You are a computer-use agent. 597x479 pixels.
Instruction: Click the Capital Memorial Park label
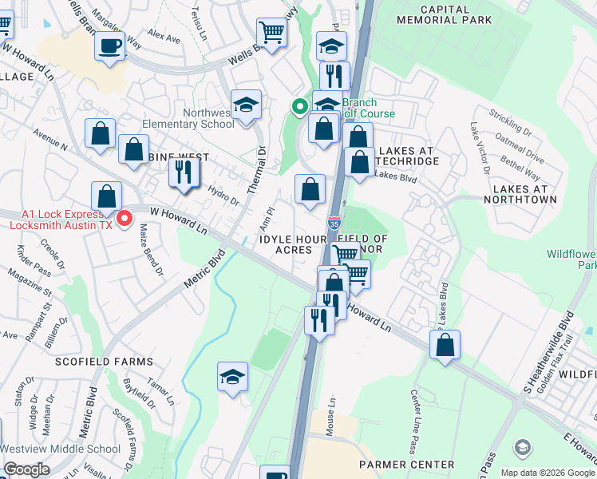click(444, 14)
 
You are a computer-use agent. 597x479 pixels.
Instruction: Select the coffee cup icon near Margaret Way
click(109, 45)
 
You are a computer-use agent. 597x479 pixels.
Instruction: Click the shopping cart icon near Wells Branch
click(272, 33)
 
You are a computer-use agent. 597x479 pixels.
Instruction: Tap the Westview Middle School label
click(61, 449)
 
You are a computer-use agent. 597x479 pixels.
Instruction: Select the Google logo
click(26, 469)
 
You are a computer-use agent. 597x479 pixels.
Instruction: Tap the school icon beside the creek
click(232, 377)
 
